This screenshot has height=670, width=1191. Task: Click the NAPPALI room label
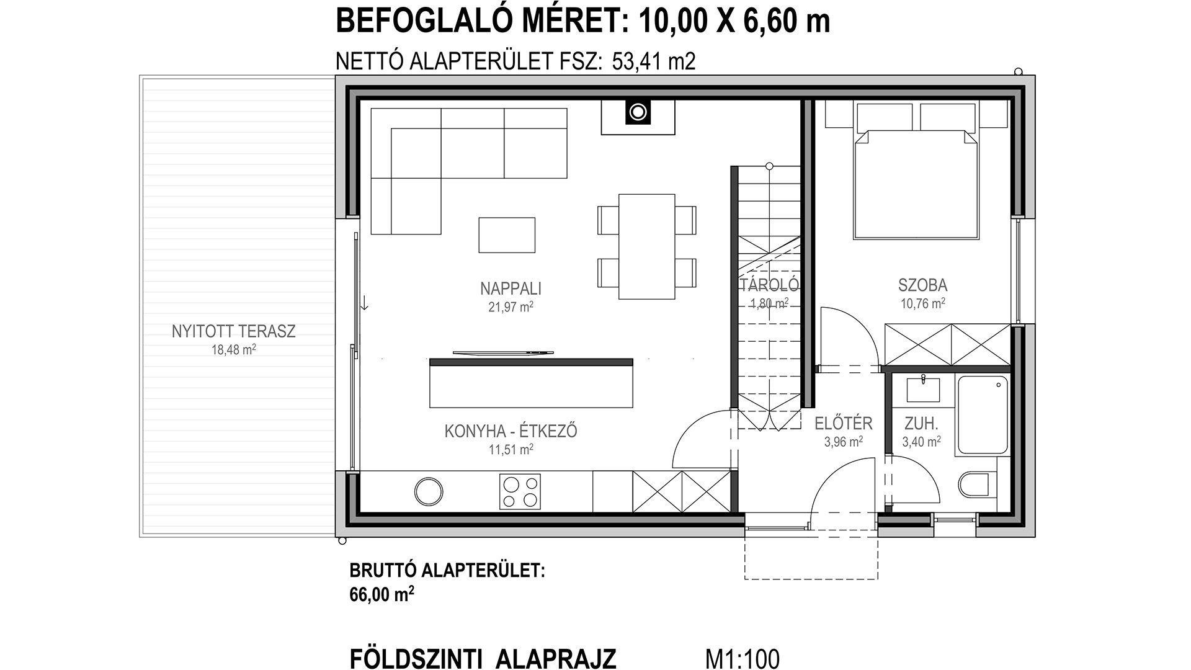[x=511, y=288]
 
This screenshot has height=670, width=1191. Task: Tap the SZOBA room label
[x=922, y=285]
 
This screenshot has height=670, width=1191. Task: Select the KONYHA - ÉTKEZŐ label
[x=511, y=431]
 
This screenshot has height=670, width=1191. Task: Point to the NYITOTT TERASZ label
[x=234, y=331]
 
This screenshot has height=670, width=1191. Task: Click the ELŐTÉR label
[x=843, y=424]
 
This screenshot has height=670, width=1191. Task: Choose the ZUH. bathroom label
[x=921, y=424]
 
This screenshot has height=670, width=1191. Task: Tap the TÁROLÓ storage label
[x=769, y=285]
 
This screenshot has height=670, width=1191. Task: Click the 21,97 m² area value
[x=511, y=307]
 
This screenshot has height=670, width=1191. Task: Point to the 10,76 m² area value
[x=922, y=303]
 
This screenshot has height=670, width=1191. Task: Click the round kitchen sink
[x=429, y=491]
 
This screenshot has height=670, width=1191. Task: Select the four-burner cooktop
[x=520, y=492]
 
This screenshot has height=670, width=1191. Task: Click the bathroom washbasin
[x=923, y=390]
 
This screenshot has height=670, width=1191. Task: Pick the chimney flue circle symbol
[x=637, y=112]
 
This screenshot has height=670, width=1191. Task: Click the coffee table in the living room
[x=507, y=235]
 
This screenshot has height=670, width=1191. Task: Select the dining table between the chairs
[x=647, y=246]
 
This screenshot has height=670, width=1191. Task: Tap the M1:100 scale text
[x=743, y=659]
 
